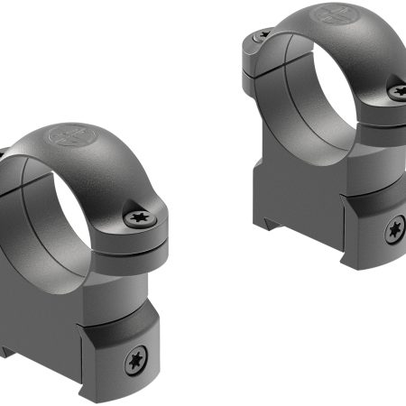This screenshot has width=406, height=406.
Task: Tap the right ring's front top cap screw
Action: click(397, 89)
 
